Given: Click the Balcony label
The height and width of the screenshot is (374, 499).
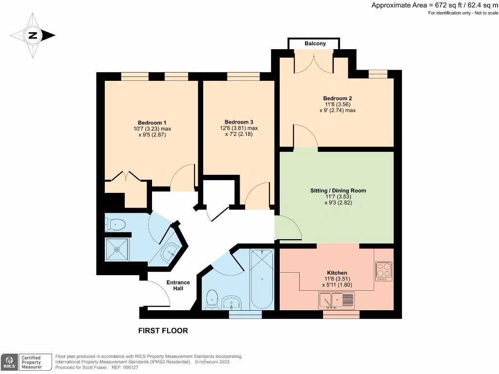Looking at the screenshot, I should pos(315,44).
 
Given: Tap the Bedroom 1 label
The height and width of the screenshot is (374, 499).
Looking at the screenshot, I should pos(152,122).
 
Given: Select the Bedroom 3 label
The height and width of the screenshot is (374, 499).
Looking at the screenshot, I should pos(239,122).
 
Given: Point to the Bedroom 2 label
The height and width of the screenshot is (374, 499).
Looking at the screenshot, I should pos(337,98).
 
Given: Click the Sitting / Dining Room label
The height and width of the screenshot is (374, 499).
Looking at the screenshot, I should pos(338,190).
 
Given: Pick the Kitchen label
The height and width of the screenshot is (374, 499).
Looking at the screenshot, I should pos(337,273).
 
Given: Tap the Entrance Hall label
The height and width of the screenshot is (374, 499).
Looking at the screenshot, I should pos(178,285).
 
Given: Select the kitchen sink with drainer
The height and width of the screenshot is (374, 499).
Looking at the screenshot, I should pos(338,300).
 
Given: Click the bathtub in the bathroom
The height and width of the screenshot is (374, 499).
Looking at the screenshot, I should pos(262,279).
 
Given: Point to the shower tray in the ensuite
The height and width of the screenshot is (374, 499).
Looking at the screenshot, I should pos(117,249).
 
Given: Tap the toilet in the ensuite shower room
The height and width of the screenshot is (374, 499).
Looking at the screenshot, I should pos(115,224).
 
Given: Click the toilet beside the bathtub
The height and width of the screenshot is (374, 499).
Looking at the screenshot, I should pos(211,299).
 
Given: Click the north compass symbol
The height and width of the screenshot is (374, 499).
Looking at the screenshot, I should pos(33,35).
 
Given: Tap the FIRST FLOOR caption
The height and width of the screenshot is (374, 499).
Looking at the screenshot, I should pos(163,331).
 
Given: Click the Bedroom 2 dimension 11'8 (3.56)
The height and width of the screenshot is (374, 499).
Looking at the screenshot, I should pos(337,104).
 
